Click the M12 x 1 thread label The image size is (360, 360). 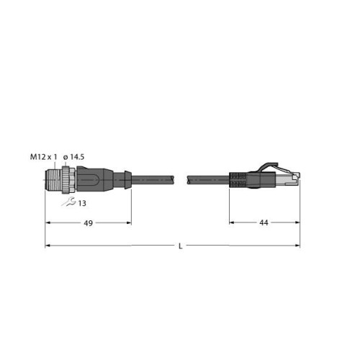click(x=44, y=157)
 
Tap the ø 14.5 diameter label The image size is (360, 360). click(x=73, y=157)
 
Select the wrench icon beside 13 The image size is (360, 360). click(x=68, y=202)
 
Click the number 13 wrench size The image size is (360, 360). click(x=82, y=203)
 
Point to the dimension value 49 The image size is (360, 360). click(x=88, y=223)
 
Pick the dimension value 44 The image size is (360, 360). click(x=264, y=222)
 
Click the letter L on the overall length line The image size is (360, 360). click(x=181, y=246)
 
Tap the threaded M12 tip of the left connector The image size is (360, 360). click(x=53, y=180)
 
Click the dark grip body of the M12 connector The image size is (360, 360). click(x=94, y=180)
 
